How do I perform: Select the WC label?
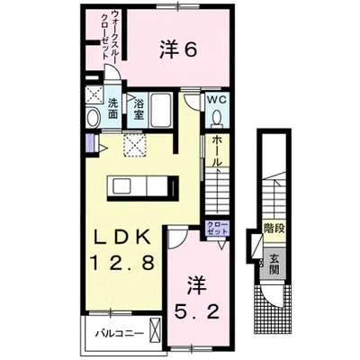(x=215, y=100)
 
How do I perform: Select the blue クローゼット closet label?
(x=217, y=228)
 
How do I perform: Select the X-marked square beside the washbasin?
(x=92, y=92)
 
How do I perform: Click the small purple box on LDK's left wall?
(x=89, y=142)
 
